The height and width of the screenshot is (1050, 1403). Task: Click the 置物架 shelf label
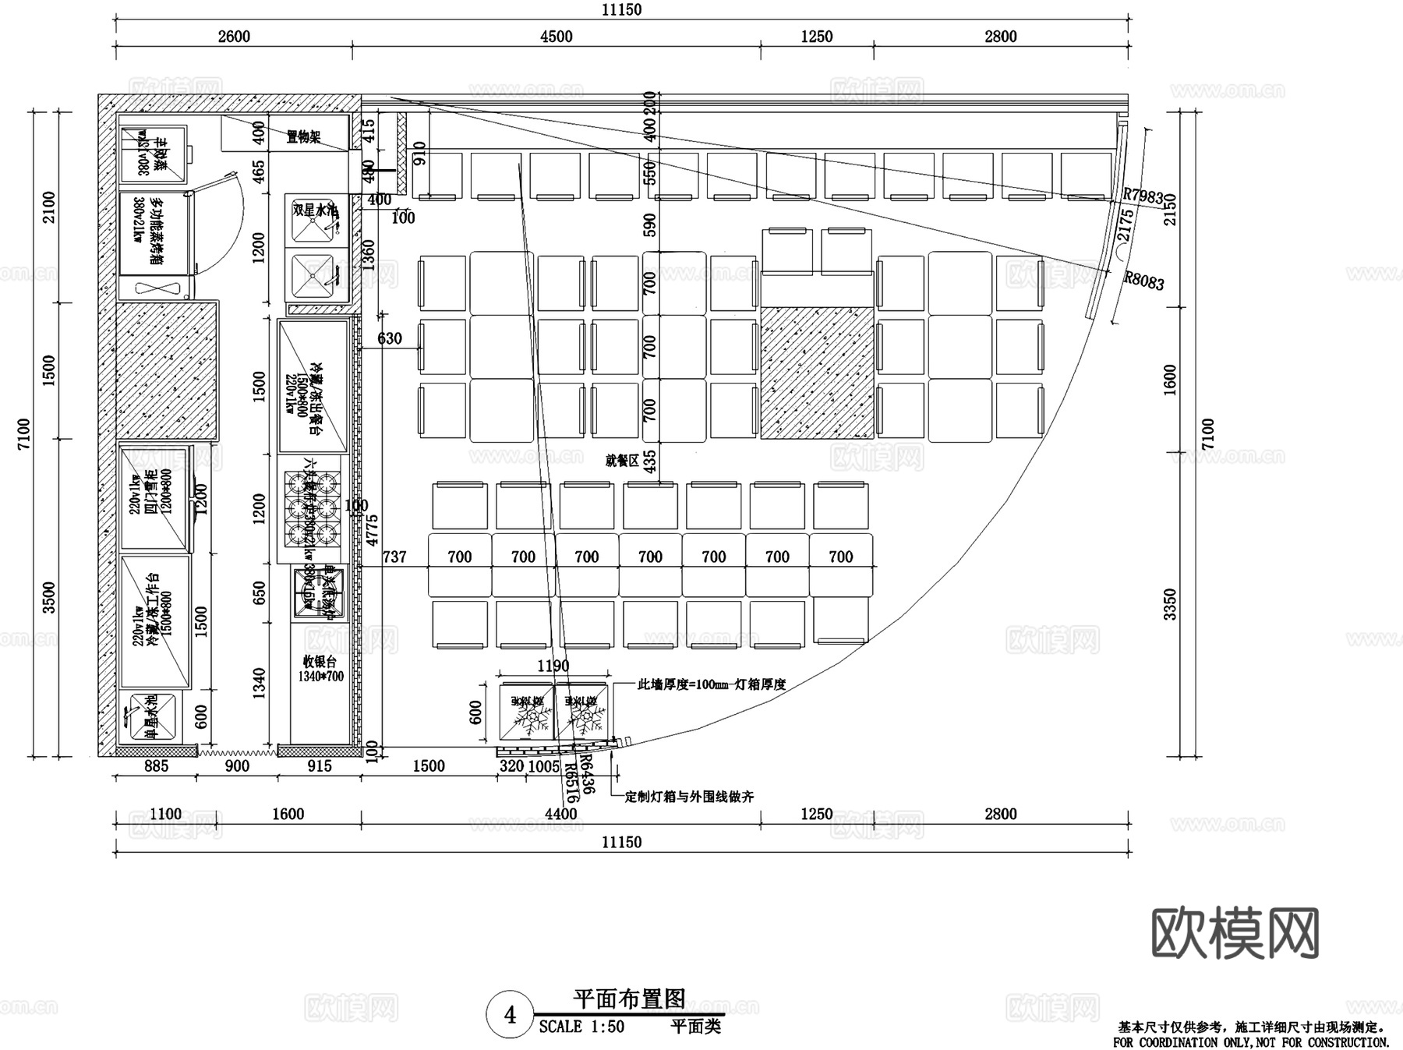(x=303, y=137)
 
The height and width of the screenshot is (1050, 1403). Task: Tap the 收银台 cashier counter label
(x=319, y=662)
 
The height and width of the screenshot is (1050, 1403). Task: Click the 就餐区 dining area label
(x=621, y=461)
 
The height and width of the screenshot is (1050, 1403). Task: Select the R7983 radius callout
(x=1143, y=196)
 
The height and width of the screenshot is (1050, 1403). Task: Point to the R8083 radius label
(x=1143, y=281)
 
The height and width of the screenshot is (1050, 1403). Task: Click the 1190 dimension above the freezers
(x=553, y=666)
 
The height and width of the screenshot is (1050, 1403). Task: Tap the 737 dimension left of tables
(x=394, y=557)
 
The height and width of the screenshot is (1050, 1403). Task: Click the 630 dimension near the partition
(x=389, y=338)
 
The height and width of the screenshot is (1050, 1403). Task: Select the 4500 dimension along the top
(x=556, y=37)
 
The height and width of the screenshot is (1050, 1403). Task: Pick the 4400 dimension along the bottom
(x=560, y=814)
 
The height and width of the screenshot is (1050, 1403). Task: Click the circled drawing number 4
(x=510, y=1015)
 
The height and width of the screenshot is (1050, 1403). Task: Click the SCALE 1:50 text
(x=581, y=1027)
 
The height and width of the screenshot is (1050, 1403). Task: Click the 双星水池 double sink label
(x=315, y=210)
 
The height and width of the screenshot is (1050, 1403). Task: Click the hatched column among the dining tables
(x=816, y=372)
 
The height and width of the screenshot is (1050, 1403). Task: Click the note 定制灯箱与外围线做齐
(x=689, y=797)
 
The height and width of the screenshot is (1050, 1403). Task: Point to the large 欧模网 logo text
(x=1235, y=932)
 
